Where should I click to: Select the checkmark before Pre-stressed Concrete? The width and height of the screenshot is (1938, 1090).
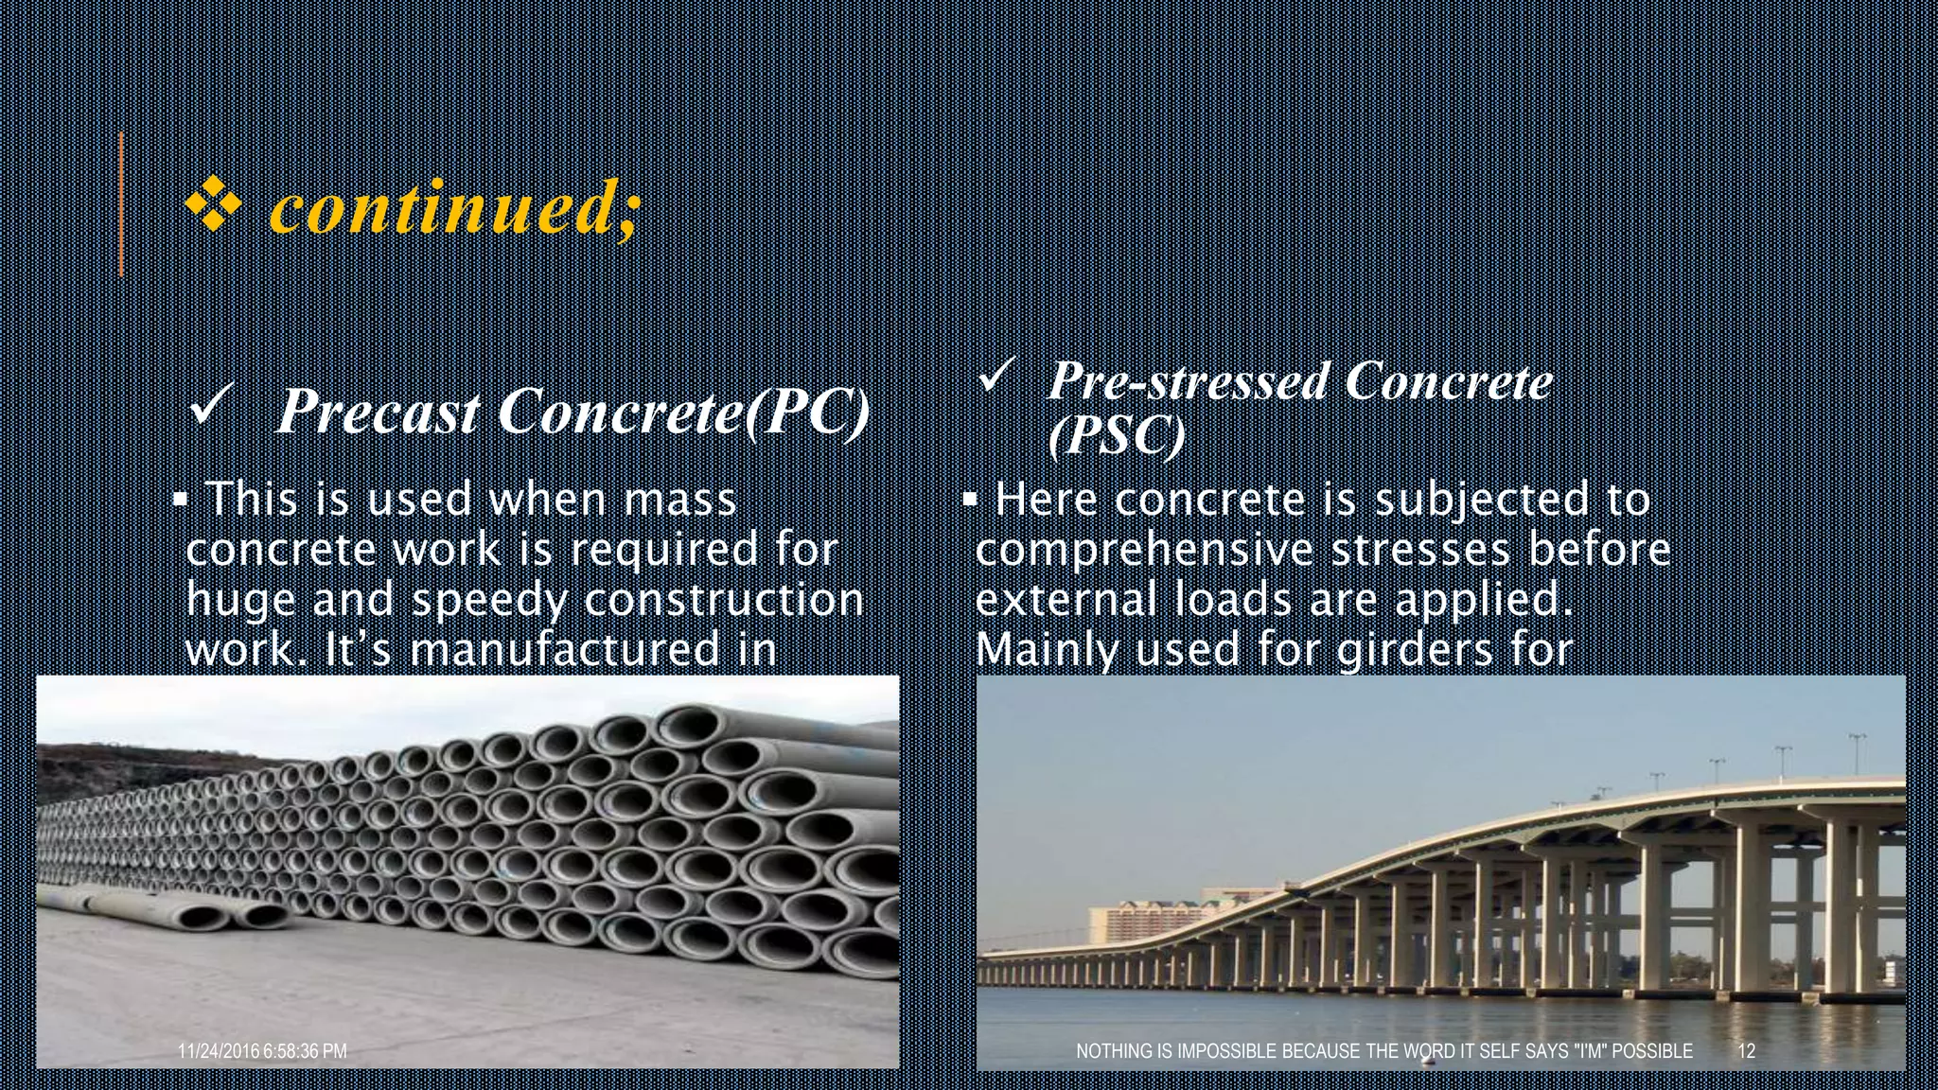(997, 377)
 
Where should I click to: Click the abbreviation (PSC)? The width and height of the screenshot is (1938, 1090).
(1117, 435)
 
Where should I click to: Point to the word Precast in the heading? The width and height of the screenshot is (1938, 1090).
(379, 413)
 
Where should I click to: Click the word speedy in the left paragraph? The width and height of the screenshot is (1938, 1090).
(489, 600)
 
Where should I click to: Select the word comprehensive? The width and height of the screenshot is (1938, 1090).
(1144, 550)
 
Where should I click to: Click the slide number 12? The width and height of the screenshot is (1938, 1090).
(1747, 1051)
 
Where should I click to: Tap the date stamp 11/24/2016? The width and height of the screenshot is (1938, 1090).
(219, 1051)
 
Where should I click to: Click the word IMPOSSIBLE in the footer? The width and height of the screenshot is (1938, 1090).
(1231, 1051)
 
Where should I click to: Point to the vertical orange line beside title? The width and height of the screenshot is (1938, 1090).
(121, 204)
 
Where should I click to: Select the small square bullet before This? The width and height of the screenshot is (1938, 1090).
(179, 499)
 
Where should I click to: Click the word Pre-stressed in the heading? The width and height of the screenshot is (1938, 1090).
(1189, 380)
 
